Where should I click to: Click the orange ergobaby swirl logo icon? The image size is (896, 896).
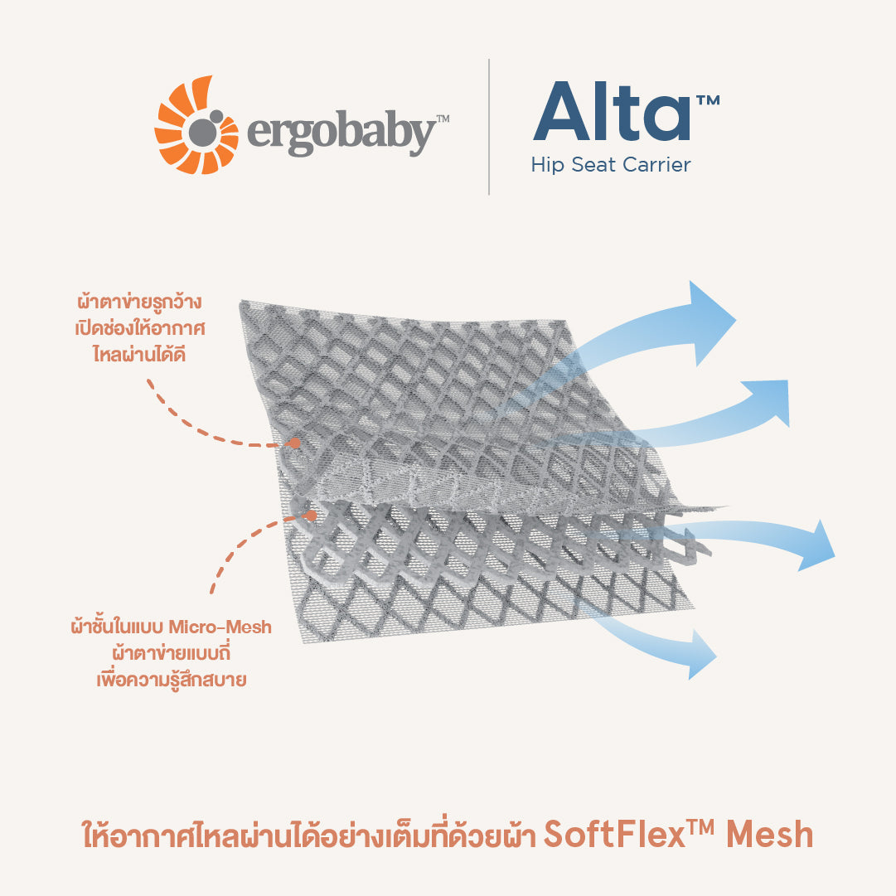point(196,125)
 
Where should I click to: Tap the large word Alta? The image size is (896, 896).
point(612,111)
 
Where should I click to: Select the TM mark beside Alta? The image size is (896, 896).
point(708,100)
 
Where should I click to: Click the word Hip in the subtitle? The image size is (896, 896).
point(547,165)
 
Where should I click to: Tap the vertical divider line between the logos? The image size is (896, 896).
point(488,127)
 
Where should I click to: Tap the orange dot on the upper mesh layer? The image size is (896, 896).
point(295,443)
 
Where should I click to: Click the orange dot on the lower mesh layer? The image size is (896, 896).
point(311,516)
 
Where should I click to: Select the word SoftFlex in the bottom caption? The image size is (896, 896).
point(614,835)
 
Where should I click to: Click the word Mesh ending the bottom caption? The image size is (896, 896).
point(769,835)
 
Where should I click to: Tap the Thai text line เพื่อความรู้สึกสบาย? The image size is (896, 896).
point(172,680)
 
